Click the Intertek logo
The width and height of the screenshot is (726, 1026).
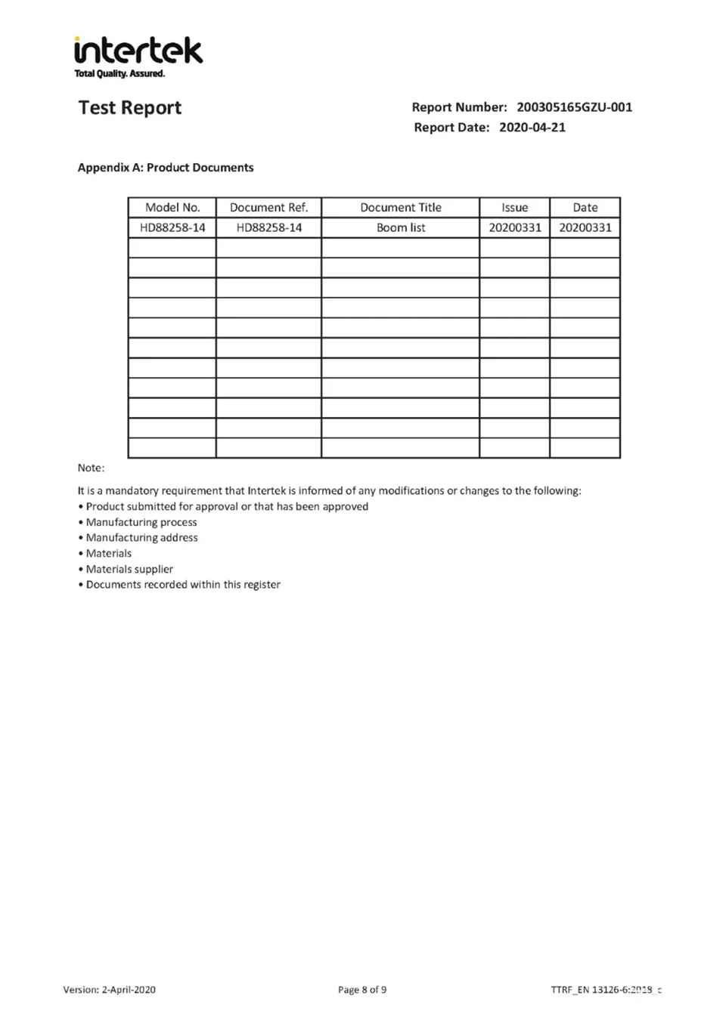[x=138, y=51]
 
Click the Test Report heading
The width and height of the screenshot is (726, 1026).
[x=130, y=108]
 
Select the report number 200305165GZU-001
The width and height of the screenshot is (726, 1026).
[x=574, y=107]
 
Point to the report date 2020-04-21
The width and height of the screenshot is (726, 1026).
[x=532, y=128]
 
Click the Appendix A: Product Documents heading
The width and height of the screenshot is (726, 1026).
[x=166, y=168]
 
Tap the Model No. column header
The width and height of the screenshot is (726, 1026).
[x=172, y=208]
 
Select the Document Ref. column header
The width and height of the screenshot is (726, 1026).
[x=268, y=208]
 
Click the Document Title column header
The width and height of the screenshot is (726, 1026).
[x=400, y=208]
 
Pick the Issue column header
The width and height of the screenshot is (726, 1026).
[x=514, y=208]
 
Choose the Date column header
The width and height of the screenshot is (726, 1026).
[x=585, y=208]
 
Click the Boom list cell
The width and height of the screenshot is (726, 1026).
[x=400, y=228]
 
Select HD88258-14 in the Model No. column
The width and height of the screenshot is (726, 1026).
[x=172, y=228]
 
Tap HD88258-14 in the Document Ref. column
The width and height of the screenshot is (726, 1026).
[x=268, y=228]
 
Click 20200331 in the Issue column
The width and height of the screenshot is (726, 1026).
[x=514, y=228]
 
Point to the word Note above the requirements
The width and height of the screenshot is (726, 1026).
[x=91, y=468]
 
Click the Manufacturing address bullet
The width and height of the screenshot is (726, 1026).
[x=141, y=538]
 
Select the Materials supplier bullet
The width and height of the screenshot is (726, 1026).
[x=129, y=570]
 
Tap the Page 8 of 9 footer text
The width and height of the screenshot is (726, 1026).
[x=362, y=990]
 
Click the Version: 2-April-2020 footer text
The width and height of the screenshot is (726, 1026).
[x=110, y=990]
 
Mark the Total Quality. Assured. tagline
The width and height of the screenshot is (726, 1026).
[x=119, y=74]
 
